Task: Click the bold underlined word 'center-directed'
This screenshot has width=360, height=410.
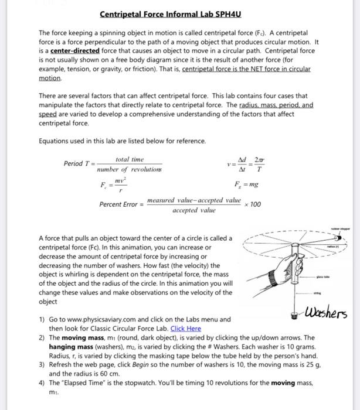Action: (74, 51)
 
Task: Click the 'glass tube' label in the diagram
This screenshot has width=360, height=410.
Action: (322, 277)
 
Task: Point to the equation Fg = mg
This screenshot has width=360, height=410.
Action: (246, 184)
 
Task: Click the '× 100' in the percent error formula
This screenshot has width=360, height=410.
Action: (252, 205)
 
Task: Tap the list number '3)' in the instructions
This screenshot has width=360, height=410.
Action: (42, 365)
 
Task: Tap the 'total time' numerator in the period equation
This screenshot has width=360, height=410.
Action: (130, 159)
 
